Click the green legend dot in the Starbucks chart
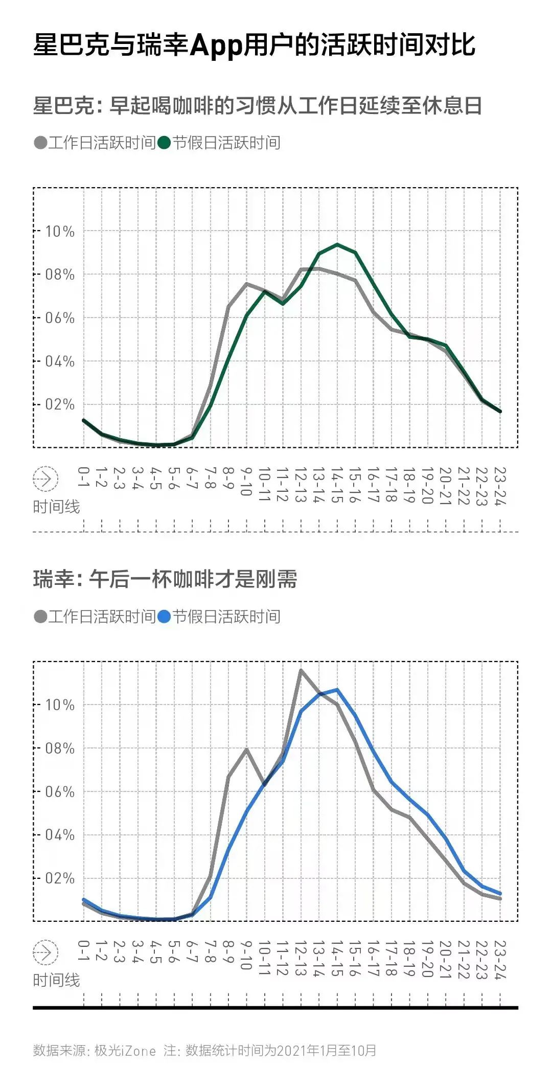(164, 143)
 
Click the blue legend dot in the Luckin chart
(164, 617)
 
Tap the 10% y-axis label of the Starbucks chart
(60, 232)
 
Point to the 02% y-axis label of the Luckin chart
(60, 878)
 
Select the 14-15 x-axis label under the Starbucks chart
(337, 485)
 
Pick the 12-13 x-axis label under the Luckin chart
(301, 958)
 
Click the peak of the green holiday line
(337, 244)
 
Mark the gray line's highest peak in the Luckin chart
(301, 670)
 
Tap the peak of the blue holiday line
(337, 690)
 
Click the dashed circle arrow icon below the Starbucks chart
(45, 479)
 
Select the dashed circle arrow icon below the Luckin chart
(45, 952)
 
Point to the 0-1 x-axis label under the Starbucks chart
(83, 477)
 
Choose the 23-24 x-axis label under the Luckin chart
(500, 960)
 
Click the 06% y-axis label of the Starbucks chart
(60, 318)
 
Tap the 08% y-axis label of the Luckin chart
(60, 748)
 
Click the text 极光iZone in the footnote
(125, 1051)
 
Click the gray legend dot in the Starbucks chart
(40, 143)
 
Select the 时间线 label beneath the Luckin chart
(56, 980)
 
